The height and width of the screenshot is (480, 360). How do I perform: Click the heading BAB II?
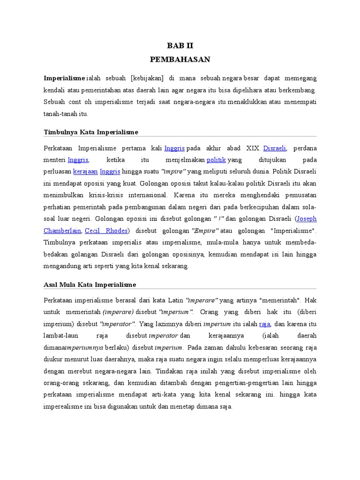[180, 46]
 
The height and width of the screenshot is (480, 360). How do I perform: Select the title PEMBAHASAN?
[180, 60]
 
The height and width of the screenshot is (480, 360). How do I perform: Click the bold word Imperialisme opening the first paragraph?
[64, 78]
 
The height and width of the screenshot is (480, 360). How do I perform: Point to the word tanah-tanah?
[59, 114]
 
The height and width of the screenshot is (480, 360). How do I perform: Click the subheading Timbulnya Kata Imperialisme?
[90, 132]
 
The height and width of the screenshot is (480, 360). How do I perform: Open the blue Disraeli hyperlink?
[275, 148]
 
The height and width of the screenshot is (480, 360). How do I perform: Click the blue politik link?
[217, 159]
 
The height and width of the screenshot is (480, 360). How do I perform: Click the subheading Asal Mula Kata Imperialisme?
[90, 285]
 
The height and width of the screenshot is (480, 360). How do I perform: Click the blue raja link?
[265, 323]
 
